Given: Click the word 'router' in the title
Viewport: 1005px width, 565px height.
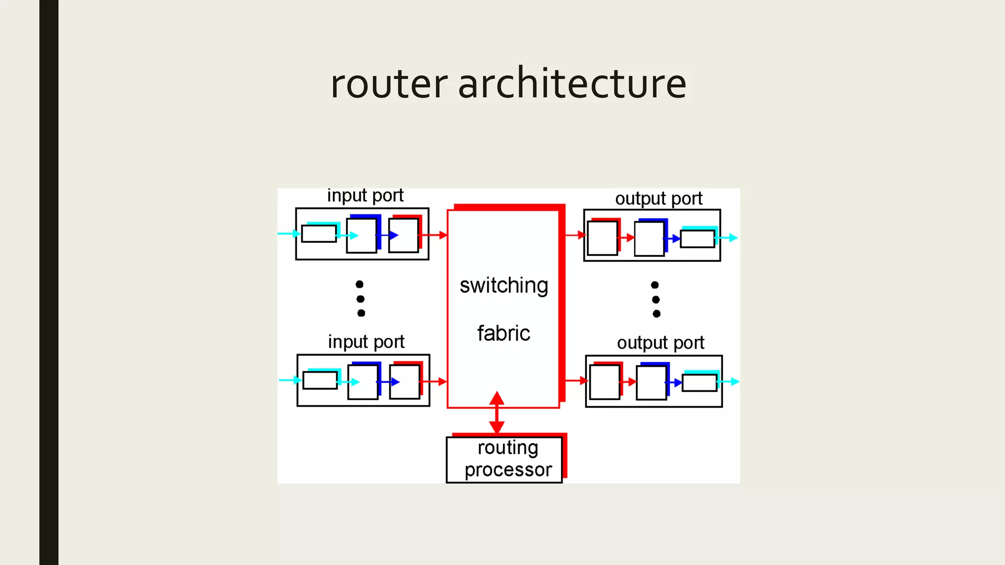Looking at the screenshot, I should (389, 83).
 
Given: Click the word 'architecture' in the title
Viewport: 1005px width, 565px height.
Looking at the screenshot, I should (572, 83).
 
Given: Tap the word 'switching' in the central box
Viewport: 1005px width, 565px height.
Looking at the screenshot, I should (503, 285).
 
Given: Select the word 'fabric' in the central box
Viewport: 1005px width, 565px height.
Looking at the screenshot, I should (503, 334).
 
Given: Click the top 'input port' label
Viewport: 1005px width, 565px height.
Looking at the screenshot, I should (365, 196).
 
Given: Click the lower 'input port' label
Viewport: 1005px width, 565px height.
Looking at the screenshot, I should (366, 342).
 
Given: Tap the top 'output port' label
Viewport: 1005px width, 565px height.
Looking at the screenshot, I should (659, 199).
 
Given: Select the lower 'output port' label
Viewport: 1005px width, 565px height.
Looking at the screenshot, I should (661, 343).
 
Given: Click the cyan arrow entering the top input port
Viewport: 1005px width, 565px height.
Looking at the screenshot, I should (289, 233).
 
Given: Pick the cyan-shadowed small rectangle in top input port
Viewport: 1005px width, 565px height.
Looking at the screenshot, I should (319, 233).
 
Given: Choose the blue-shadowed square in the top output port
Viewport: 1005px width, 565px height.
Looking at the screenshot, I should (649, 238).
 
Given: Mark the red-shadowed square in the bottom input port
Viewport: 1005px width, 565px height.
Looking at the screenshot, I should (405, 382).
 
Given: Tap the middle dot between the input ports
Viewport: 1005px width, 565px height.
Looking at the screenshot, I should (361, 299).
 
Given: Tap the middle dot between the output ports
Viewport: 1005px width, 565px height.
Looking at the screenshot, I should (656, 299).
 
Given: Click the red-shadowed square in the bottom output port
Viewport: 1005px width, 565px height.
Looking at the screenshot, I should (605, 382).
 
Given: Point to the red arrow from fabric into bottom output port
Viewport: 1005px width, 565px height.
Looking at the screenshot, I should (575, 381).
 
